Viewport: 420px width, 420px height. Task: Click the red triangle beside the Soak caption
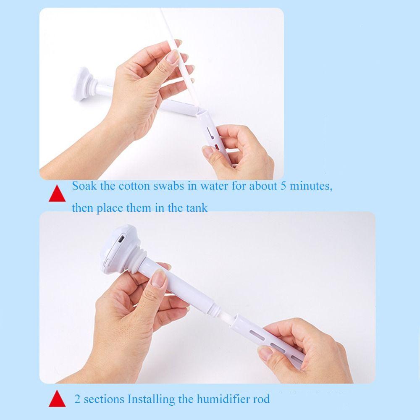click(x=58, y=194)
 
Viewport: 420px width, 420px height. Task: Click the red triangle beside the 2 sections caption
click(x=58, y=399)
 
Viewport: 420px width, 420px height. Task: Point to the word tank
click(x=196, y=207)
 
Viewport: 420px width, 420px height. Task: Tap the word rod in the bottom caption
click(x=262, y=399)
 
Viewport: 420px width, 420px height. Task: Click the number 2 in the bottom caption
click(x=77, y=399)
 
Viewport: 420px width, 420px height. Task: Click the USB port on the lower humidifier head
click(x=121, y=239)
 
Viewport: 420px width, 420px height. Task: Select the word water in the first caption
click(x=213, y=186)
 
